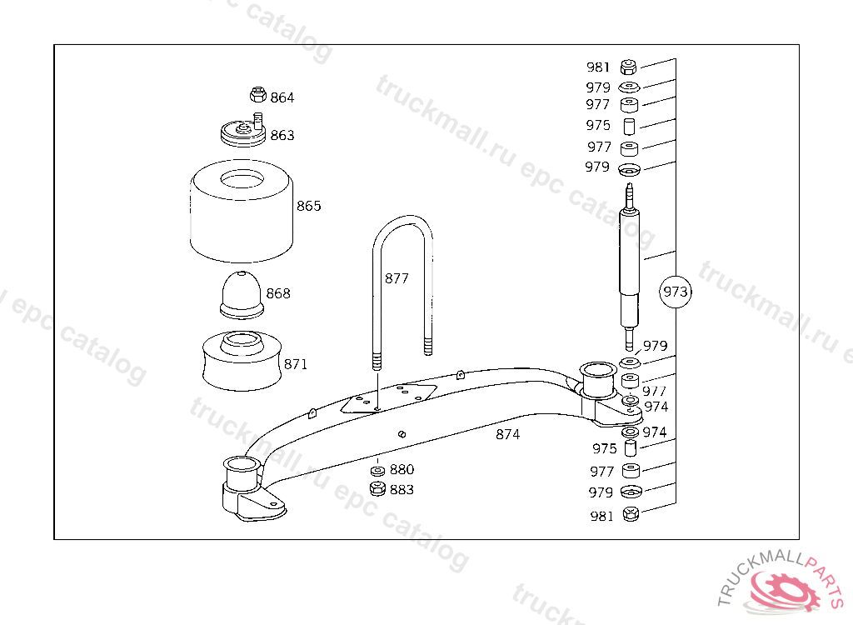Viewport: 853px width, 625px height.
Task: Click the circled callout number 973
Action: [675, 292]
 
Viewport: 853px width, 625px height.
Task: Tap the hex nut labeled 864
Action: [258, 95]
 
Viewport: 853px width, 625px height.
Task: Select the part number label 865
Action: [308, 206]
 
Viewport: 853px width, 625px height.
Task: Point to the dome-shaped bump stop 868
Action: [242, 294]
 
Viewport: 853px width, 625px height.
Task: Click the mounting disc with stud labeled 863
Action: [242, 132]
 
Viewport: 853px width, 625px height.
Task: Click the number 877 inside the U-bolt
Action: [397, 278]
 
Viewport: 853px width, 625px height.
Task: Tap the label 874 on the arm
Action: [507, 434]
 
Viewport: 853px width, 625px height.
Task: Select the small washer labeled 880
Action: [377, 470]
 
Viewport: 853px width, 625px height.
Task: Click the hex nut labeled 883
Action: [377, 488]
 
